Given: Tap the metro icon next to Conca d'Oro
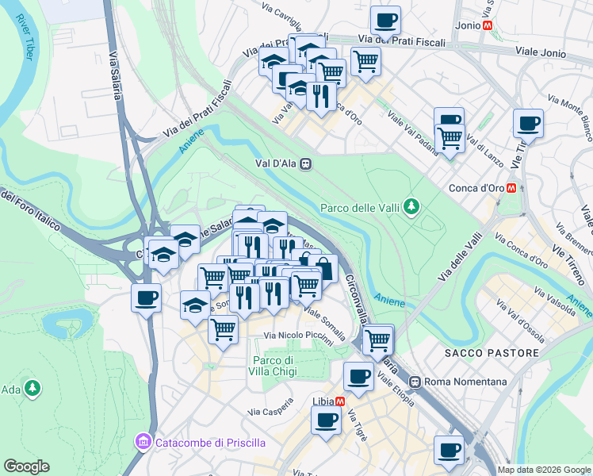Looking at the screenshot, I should click(513, 189).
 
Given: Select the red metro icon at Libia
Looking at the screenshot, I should click(339, 401).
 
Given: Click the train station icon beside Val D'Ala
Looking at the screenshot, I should click(305, 165).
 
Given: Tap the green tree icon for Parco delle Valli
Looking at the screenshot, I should click(411, 208).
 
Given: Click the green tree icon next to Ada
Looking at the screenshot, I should click(33, 389).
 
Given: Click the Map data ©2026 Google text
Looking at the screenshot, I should click(545, 469).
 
